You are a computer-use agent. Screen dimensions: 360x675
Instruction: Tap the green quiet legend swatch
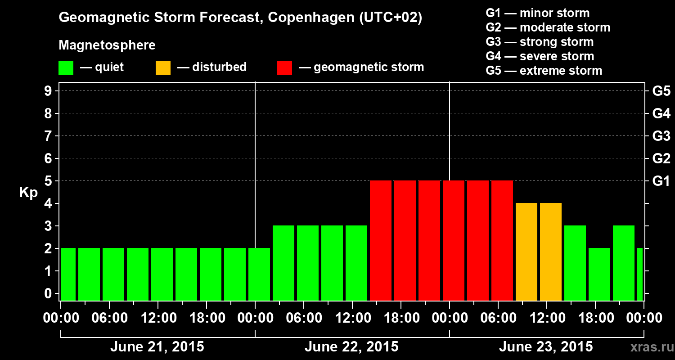click(66, 67)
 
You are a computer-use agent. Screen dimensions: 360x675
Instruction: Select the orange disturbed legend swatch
click(163, 67)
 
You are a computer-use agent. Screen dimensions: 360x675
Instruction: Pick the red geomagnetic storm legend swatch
click(284, 67)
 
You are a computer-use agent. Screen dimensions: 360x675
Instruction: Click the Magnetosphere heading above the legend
click(107, 45)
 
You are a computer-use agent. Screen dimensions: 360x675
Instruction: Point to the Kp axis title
click(28, 193)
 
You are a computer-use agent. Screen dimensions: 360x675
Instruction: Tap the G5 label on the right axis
click(661, 91)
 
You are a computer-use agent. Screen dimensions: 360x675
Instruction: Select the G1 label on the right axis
click(661, 181)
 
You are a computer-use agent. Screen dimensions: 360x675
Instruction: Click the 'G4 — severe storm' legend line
click(540, 56)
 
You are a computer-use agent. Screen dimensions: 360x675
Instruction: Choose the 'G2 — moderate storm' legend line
click(548, 27)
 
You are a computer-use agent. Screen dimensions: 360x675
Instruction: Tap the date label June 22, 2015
click(351, 347)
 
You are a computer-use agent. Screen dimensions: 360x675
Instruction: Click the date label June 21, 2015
click(157, 347)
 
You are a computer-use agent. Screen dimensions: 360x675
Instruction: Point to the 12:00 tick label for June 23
click(546, 318)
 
